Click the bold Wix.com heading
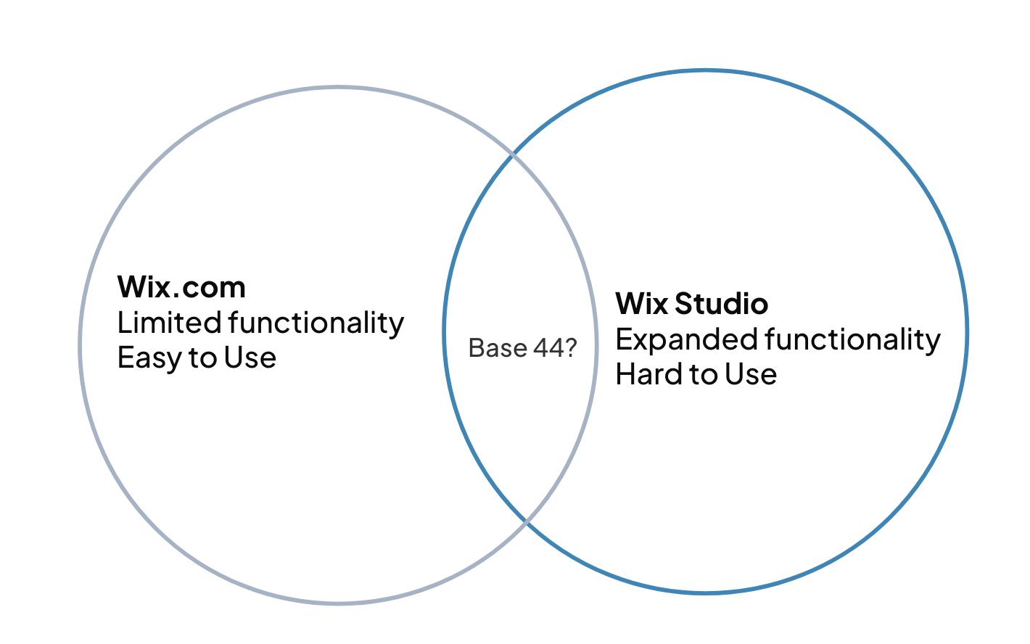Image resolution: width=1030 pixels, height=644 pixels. click(181, 287)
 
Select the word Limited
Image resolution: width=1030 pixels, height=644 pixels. click(169, 323)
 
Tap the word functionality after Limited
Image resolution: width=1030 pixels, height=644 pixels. click(316, 323)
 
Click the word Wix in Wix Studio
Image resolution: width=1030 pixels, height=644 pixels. click(641, 303)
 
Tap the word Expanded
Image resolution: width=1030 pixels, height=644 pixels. click(686, 339)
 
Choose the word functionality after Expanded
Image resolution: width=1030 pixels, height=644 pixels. click(853, 339)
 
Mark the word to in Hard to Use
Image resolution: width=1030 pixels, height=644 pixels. click(704, 374)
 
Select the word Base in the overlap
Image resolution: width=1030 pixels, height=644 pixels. click(498, 348)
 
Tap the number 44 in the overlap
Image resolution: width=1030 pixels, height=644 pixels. click(549, 348)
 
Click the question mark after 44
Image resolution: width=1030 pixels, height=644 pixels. click(571, 348)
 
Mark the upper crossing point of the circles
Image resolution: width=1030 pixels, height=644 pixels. click(513, 154)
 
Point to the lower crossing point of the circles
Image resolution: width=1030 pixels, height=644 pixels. click(527, 521)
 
